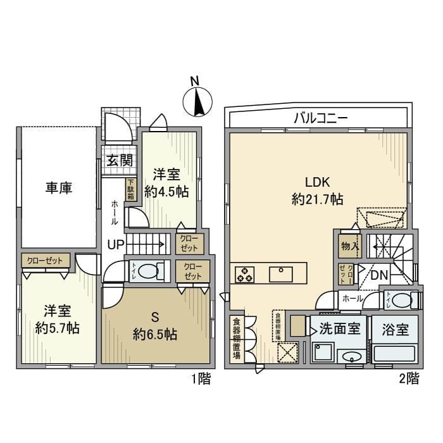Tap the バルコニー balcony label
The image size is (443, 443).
[320, 118]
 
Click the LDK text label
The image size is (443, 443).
[318, 182]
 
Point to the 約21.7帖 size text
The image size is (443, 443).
[318, 199]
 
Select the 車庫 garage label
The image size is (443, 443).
[58, 188]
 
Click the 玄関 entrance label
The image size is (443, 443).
[119, 160]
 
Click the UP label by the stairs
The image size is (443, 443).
[116, 244]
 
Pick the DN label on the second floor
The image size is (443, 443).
[379, 276]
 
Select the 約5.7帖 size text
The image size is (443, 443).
[57, 329]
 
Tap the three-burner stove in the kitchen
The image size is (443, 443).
[244, 275]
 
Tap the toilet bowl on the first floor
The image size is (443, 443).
[149, 271]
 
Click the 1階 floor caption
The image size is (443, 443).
[201, 380]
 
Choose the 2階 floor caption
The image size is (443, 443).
[409, 380]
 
